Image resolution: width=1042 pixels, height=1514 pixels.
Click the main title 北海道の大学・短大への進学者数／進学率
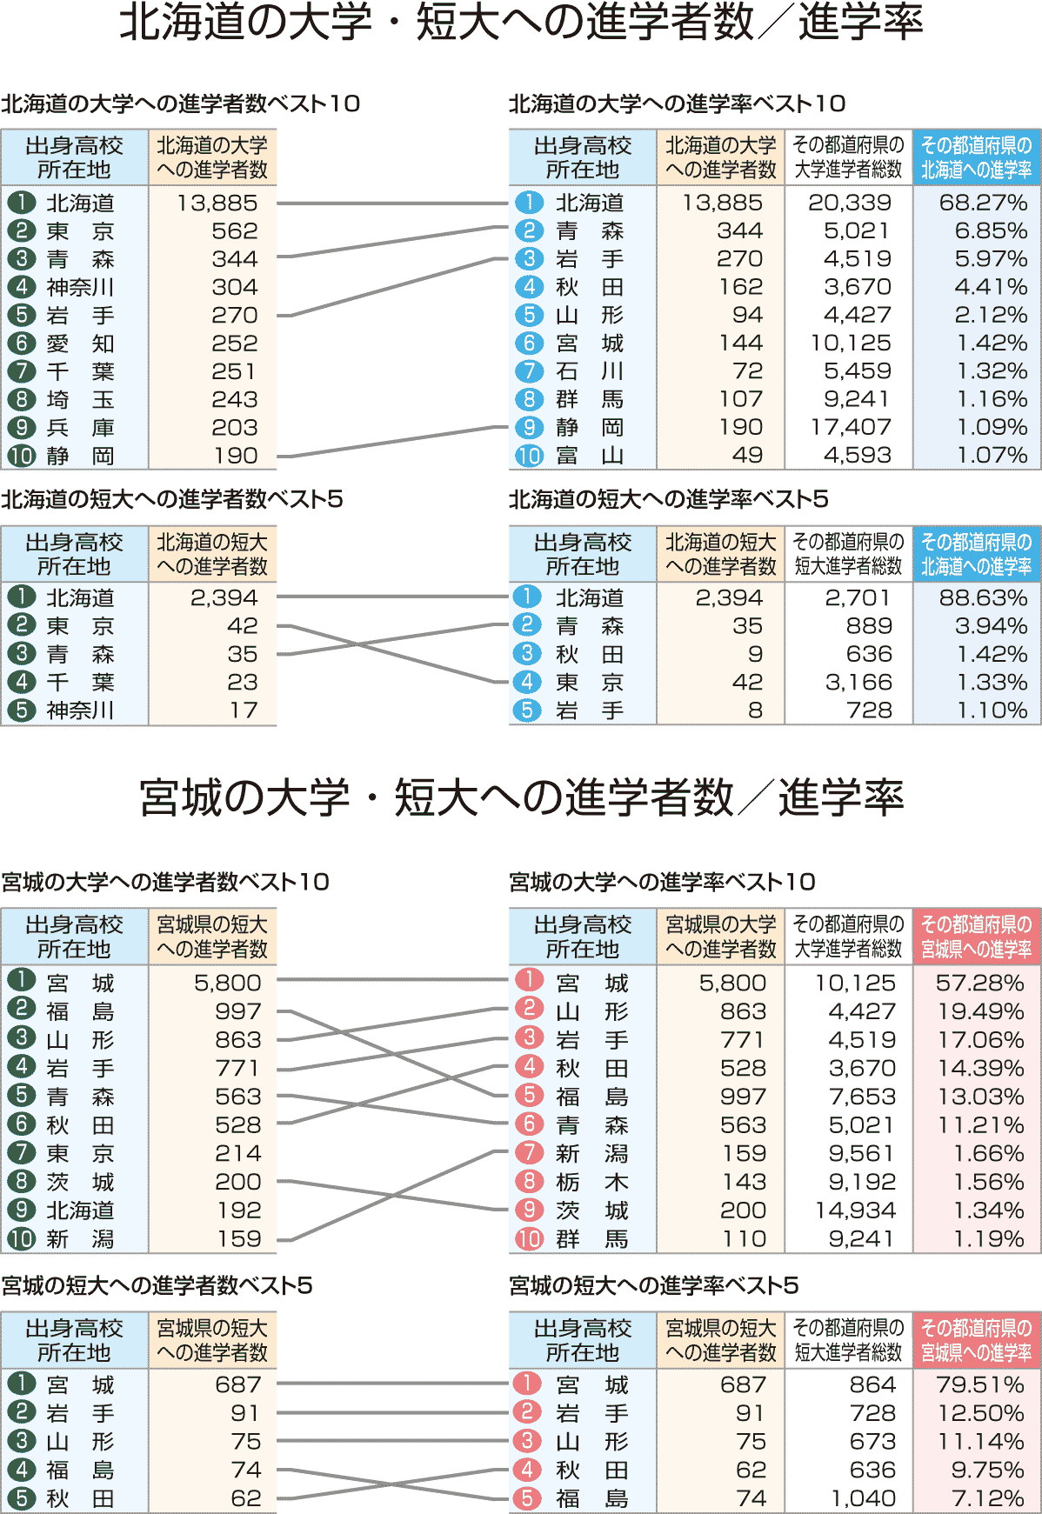tap(520, 23)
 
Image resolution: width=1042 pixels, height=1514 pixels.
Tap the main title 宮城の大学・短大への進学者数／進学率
tap(520, 797)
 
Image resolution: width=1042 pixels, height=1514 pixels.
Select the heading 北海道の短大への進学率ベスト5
tap(668, 499)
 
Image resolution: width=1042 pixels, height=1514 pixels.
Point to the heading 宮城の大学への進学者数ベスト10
tap(165, 882)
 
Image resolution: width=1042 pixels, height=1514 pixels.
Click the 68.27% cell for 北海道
tap(983, 203)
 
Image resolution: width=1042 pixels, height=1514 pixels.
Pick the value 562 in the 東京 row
tap(235, 231)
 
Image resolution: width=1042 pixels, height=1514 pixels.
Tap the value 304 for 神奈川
tap(235, 287)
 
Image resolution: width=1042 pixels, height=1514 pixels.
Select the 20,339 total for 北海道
tap(850, 203)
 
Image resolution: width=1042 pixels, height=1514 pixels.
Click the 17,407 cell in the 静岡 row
tap(851, 427)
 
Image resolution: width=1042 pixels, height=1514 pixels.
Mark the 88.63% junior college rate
tap(983, 598)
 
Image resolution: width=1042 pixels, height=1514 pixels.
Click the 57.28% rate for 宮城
tap(980, 983)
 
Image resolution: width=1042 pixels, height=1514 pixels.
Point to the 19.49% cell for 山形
tap(980, 1011)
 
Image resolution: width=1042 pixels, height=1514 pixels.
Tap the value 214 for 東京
tap(238, 1153)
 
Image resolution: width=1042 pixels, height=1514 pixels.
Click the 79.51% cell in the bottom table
tap(980, 1384)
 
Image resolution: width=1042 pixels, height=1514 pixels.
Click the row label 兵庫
tap(80, 428)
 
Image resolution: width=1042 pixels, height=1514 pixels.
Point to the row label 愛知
tap(80, 343)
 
